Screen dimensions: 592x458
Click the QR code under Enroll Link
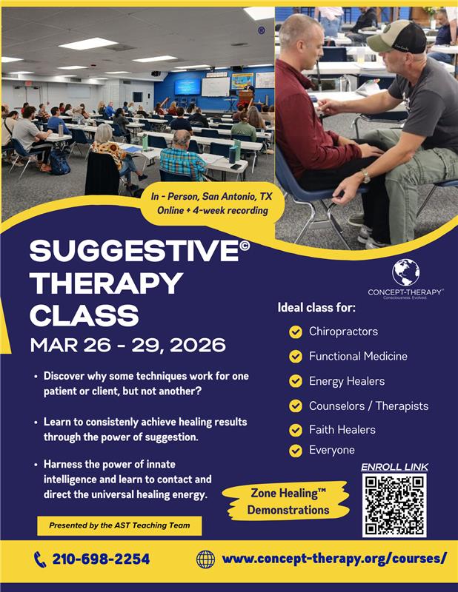[x=394, y=505]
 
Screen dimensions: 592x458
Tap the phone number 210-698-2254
[x=101, y=559]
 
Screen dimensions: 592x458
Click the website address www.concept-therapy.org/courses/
[x=334, y=559]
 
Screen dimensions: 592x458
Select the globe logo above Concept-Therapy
[x=405, y=272]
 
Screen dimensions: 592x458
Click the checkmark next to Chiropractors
[x=296, y=332]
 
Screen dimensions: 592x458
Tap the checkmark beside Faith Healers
[x=296, y=430]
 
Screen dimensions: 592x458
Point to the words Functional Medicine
[x=358, y=356]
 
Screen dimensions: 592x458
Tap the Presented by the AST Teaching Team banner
[x=119, y=525]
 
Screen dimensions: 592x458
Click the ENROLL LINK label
[x=394, y=467]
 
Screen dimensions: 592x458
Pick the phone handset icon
[x=40, y=559]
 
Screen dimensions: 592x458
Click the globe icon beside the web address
[x=205, y=559]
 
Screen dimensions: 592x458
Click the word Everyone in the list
[x=332, y=450]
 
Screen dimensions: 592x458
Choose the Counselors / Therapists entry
[x=368, y=406]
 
